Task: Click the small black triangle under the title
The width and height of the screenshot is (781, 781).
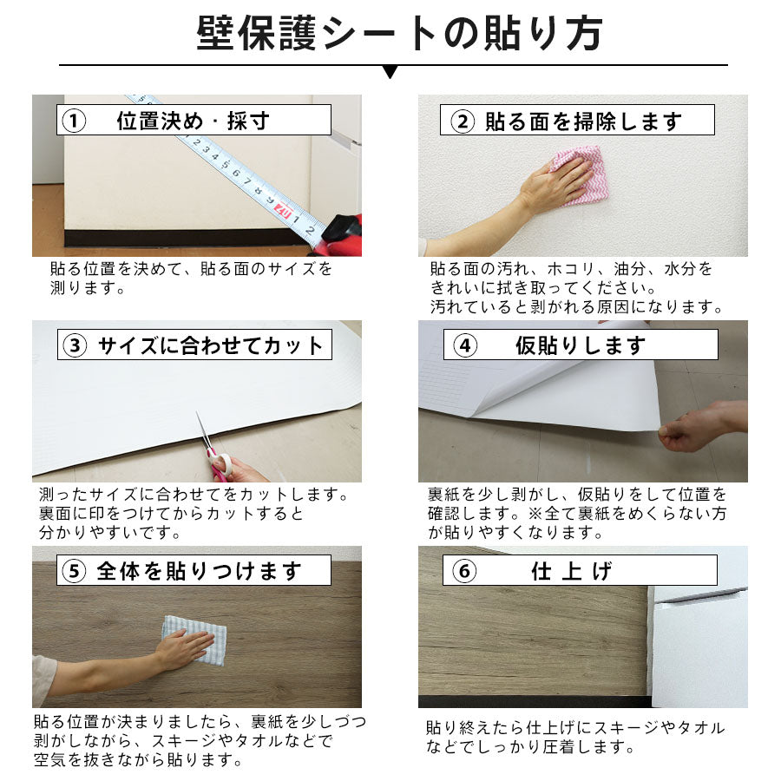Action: tap(390, 72)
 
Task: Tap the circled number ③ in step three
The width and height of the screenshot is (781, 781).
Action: tap(75, 346)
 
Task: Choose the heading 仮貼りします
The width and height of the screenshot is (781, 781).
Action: tap(581, 346)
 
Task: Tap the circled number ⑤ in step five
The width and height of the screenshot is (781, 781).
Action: tap(75, 571)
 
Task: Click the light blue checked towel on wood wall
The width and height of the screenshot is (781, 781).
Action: tap(194, 640)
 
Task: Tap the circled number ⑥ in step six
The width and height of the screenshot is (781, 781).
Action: tap(463, 571)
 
